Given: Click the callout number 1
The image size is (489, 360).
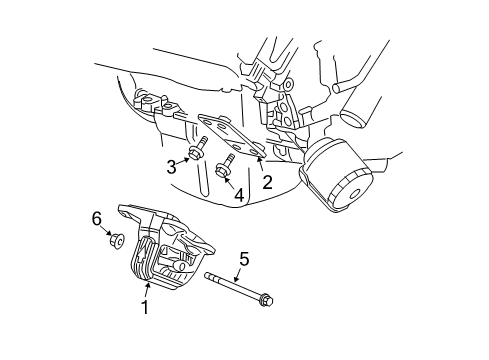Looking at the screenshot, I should pyautogui.click(x=144, y=308).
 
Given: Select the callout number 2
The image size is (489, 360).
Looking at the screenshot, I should pyautogui.click(x=267, y=181).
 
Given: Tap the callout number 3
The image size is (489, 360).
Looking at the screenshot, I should pyautogui.click(x=171, y=166).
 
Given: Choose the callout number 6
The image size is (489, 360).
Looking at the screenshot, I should pyautogui.click(x=96, y=218).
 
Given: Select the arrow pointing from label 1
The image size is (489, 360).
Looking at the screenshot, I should pyautogui.click(x=148, y=291).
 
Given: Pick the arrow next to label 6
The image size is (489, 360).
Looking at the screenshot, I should pyautogui.click(x=105, y=229).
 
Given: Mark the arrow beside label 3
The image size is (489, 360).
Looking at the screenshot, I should pyautogui.click(x=186, y=160).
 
